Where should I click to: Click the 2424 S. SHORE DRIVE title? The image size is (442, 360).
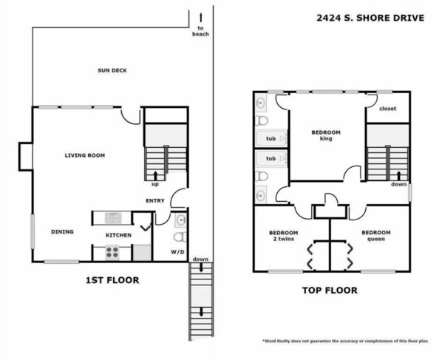pyautogui.click(x=370, y=18)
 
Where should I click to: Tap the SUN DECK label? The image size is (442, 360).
pyautogui.click(x=112, y=70)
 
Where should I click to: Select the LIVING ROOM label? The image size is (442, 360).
pyautogui.click(x=85, y=155)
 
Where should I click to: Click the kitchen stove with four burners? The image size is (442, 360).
pyautogui.click(x=112, y=253)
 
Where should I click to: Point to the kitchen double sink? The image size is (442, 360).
pyautogui.click(x=113, y=218)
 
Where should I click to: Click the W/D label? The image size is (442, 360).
pyautogui.click(x=177, y=251)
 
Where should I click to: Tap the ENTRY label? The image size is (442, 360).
pyautogui.click(x=155, y=201)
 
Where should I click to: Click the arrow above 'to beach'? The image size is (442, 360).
pyautogui.click(x=201, y=18)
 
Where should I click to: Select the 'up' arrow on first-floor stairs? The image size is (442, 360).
pyautogui.click(x=155, y=175)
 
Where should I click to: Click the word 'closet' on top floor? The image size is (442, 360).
pyautogui.click(x=387, y=109)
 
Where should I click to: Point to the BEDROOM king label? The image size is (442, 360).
pyautogui.click(x=326, y=135)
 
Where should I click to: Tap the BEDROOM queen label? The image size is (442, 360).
pyautogui.click(x=376, y=236)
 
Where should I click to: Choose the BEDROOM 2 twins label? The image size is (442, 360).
pyautogui.click(x=284, y=236)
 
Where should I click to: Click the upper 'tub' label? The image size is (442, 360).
pyautogui.click(x=271, y=138)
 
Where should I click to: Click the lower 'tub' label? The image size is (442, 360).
pyautogui.click(x=271, y=158)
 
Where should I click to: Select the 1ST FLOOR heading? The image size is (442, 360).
pyautogui.click(x=112, y=280)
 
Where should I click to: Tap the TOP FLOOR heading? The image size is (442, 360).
pyautogui.click(x=330, y=291)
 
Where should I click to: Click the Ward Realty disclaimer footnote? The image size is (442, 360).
pyautogui.click(x=345, y=341)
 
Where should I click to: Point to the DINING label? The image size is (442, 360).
pyautogui.click(x=62, y=231)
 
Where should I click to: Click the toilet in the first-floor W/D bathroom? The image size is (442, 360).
pyautogui.click(x=180, y=237)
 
